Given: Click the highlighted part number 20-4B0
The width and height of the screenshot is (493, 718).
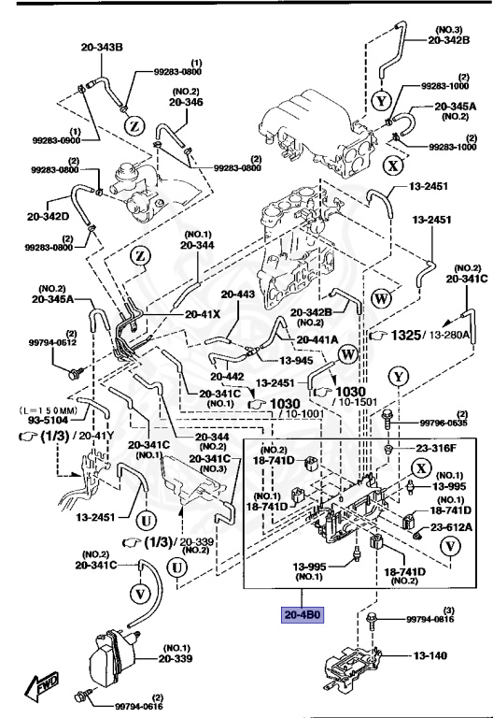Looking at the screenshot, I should click(x=303, y=615).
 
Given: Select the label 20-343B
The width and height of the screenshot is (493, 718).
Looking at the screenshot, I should click(x=102, y=47).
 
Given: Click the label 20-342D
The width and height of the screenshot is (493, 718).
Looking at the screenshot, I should click(x=49, y=217).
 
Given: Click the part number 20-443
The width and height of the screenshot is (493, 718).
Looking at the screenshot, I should click(x=237, y=294).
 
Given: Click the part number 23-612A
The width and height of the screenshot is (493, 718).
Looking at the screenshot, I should click(x=453, y=529).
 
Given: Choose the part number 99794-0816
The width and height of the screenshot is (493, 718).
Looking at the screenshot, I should click(x=430, y=619).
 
